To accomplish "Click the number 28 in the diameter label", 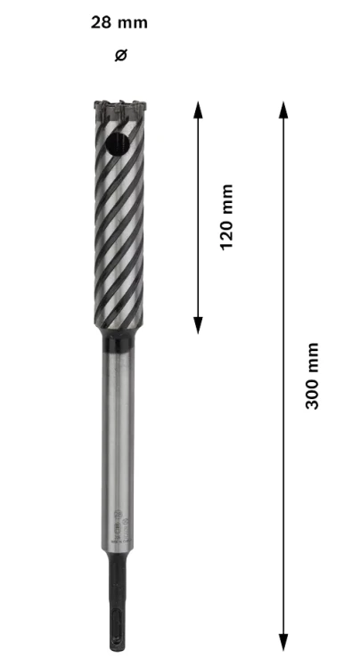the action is tap(101, 22).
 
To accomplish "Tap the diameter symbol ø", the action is tap(121, 55).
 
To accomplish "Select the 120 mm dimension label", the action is tap(226, 217).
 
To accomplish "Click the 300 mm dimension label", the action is tap(312, 375).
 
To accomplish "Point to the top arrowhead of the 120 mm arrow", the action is tap(198, 110).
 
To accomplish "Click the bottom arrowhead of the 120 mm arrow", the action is tap(198, 325).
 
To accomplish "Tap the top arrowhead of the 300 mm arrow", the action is tap(283, 110).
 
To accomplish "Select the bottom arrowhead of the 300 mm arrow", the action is tap(283, 642).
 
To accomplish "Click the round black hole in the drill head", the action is tap(118, 144).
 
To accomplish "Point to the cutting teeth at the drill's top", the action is tap(120, 108).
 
